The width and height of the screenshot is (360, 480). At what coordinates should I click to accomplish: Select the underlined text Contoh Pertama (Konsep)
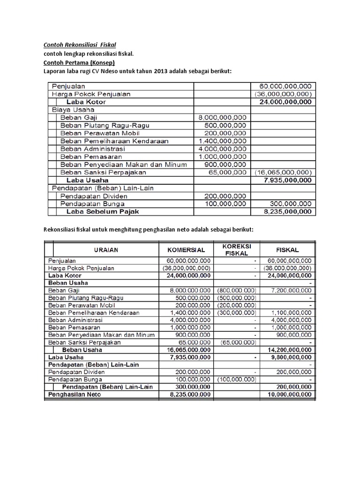(x=79, y=62)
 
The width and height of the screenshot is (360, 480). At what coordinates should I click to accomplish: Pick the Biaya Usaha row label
(x=73, y=109)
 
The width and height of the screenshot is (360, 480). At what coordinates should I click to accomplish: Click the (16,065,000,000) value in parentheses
(x=284, y=172)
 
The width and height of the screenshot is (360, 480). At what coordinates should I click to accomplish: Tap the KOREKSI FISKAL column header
(x=236, y=249)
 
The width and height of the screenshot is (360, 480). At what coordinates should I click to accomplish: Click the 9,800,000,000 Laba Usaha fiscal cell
(x=289, y=357)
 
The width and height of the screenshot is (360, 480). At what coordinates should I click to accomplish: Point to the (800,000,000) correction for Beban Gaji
(x=237, y=291)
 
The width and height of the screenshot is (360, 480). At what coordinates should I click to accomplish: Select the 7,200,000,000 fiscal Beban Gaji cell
(x=290, y=291)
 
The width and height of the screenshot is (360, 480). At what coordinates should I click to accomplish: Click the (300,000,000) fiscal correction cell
(x=237, y=312)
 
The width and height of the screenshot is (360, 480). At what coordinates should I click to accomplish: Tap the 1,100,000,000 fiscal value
(x=290, y=312)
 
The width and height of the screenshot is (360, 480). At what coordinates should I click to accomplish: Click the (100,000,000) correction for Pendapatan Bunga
(x=237, y=379)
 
